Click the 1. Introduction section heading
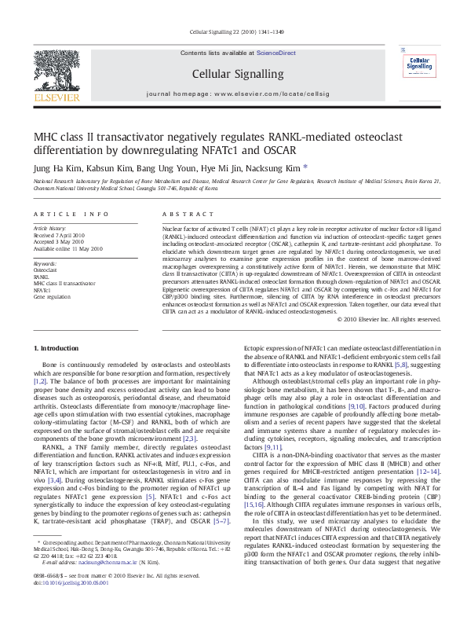click(60, 347)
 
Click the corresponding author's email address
click(89, 585)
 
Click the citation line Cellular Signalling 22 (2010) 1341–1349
click(232, 31)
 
